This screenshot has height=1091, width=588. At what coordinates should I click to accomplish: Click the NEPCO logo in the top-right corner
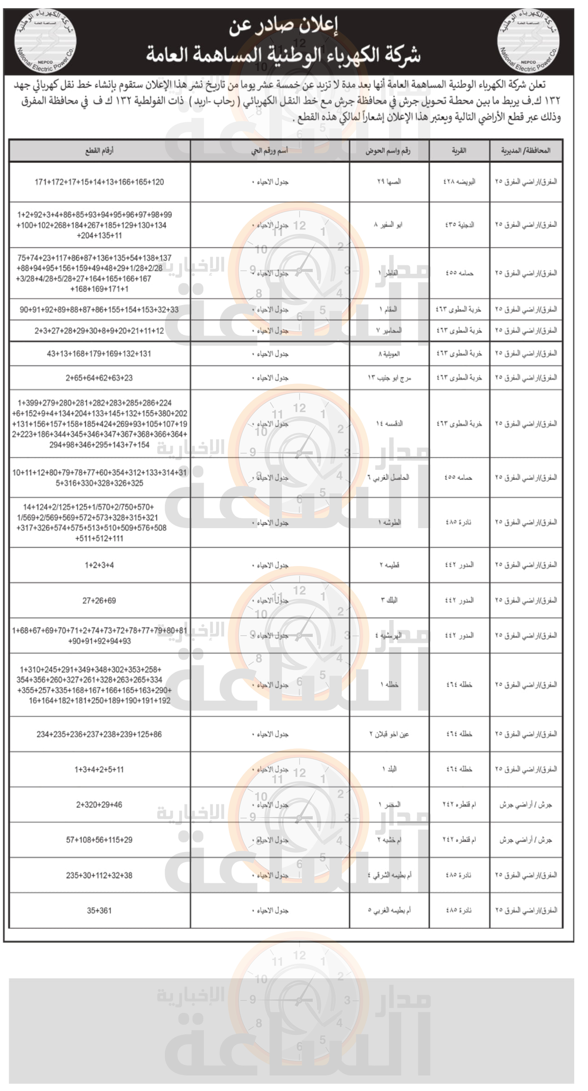tap(528, 41)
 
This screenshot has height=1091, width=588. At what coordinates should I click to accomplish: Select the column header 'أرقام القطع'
tap(99, 151)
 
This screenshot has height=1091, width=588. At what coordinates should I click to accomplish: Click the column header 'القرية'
tap(459, 151)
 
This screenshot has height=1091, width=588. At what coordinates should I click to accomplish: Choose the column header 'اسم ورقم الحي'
tap(269, 151)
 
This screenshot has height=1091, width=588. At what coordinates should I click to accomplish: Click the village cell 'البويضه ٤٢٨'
tap(459, 182)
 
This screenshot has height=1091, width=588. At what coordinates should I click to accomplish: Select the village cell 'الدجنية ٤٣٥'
tap(459, 225)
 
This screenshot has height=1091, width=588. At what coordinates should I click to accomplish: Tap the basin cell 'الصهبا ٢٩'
tap(389, 182)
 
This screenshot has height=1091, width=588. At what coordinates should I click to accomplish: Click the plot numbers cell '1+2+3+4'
tap(99, 565)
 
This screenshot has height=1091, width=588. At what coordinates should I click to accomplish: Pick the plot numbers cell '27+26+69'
tap(99, 601)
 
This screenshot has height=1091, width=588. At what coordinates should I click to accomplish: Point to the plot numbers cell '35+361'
tap(99, 910)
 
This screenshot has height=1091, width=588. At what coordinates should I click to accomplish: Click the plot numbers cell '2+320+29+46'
tap(99, 805)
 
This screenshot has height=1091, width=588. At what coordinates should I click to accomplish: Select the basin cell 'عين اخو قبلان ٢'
tap(389, 734)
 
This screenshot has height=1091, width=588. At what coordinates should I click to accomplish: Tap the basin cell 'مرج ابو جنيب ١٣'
tap(389, 378)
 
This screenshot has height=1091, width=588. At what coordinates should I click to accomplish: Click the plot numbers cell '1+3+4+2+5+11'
tap(99, 769)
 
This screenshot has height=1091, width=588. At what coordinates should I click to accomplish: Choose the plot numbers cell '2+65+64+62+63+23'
tap(99, 378)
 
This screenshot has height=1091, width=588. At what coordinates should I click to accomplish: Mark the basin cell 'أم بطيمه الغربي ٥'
tap(389, 910)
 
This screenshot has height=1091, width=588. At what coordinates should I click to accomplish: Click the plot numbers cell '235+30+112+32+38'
tap(99, 875)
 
